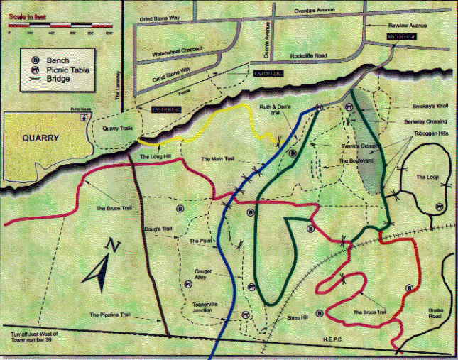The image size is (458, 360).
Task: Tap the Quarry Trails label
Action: [119, 129]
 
